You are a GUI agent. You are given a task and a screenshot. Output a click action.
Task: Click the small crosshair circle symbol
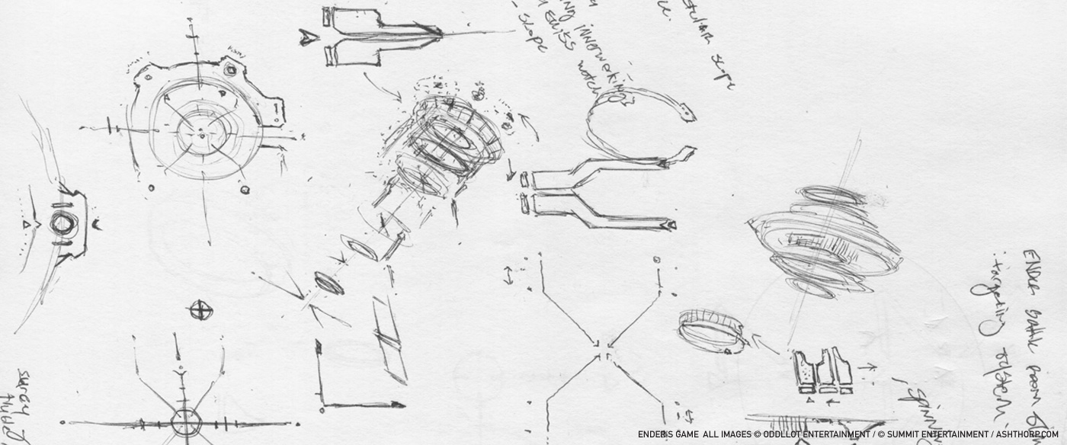coord(200,310)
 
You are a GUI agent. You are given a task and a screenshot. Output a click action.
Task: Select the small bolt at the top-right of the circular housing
coord(230,70)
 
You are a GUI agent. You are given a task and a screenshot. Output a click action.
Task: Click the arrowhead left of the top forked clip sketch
coord(308,36)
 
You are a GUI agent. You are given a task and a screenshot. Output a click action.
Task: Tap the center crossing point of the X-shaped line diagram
coord(602,347)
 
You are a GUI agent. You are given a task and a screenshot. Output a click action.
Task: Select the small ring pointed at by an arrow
coord(712,331)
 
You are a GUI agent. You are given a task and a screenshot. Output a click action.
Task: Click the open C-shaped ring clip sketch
coord(633,122)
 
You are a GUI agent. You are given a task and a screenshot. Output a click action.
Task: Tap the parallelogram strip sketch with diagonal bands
coord(389,339)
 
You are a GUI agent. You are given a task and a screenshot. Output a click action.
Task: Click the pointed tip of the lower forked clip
coord(670,225)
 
